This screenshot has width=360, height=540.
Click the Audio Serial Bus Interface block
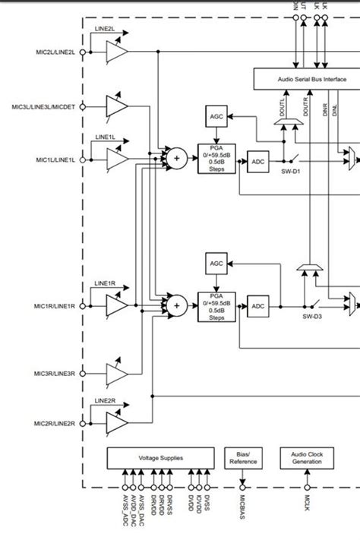coord(306,78)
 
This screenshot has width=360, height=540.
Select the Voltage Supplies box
coord(160,458)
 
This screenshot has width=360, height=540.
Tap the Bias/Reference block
coord(243,458)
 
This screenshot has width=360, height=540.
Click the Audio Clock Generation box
coord(307,458)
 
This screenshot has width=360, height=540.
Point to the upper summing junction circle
coord(176,158)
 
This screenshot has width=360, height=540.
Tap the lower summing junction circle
coord(176,305)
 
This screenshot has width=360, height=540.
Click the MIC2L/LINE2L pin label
coord(55,52)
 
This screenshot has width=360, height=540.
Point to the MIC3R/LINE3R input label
coord(55,374)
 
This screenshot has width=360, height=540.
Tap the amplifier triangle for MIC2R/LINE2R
coord(116,422)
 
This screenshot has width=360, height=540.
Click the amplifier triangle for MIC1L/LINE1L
coord(116,159)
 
